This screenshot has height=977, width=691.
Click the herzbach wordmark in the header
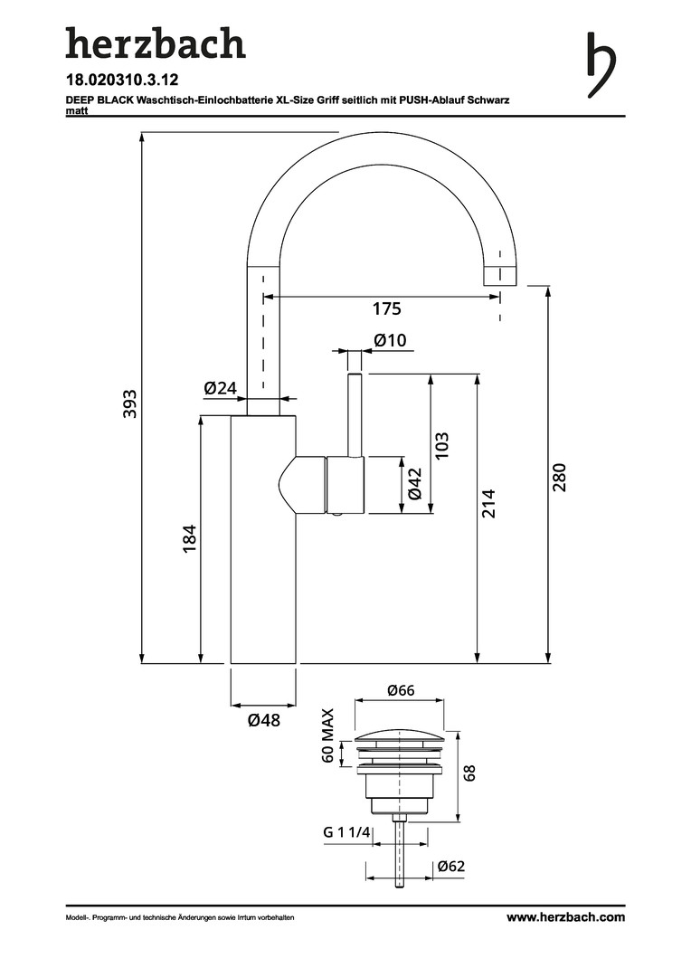pos(155,44)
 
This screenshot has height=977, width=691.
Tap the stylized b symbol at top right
pos(601,64)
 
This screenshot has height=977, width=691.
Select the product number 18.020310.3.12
pos(122,80)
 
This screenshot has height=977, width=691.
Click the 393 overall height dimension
pos(130,403)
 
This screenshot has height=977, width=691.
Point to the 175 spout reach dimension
pos(386,309)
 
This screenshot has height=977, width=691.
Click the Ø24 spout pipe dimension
pos(220,388)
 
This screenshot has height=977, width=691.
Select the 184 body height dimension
pos(189,538)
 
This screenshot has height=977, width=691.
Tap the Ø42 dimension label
pos(415,484)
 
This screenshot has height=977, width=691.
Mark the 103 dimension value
pos(441,445)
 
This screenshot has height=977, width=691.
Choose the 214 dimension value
pos(488,503)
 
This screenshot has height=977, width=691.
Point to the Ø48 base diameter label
pos(263,721)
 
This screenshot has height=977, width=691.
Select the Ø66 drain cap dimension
pos(401,690)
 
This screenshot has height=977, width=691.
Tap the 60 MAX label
pos(328,736)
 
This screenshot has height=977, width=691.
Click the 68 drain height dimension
pos(469,773)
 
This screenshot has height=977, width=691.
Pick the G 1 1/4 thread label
pos(346,833)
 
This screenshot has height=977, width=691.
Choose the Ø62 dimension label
pos(450,867)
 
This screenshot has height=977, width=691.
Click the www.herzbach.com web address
pos(565,916)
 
